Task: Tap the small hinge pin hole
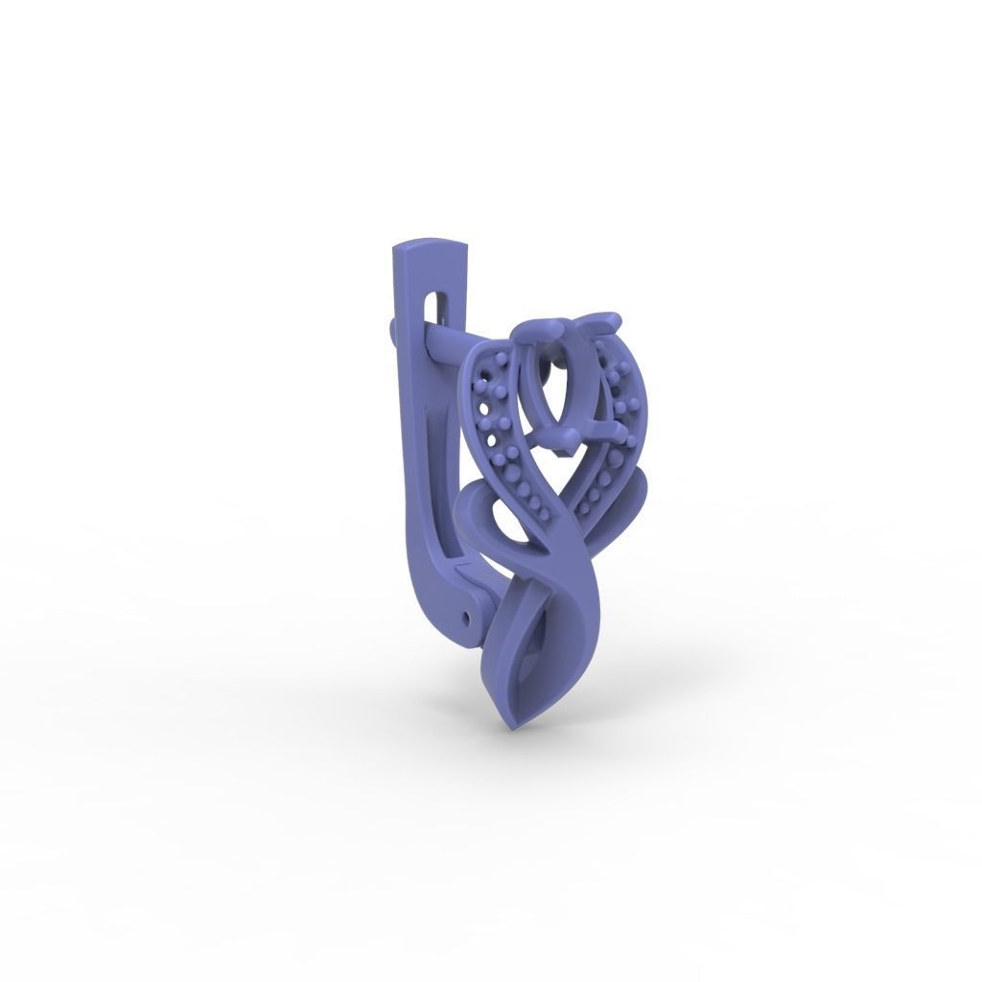point(468,611)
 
